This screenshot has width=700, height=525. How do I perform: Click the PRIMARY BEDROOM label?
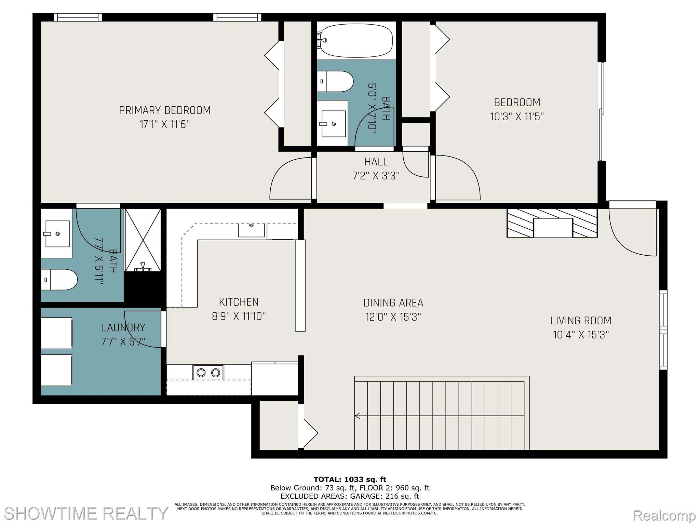pyautogui.click(x=164, y=110)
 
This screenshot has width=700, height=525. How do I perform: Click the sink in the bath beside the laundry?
pyautogui.click(x=57, y=234)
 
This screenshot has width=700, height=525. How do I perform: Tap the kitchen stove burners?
pyautogui.click(x=208, y=373)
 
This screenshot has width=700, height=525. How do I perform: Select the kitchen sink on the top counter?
pyautogui.click(x=251, y=230)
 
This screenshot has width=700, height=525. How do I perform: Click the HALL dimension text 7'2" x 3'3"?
pyautogui.click(x=376, y=176)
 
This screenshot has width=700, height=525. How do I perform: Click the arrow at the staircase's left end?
pyautogui.click(x=358, y=416)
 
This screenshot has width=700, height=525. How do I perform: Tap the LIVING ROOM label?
pyautogui.click(x=581, y=321)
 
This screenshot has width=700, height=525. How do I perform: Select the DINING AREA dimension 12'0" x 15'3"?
pyautogui.click(x=393, y=317)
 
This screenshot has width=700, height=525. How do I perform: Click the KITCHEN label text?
pyautogui.click(x=239, y=302)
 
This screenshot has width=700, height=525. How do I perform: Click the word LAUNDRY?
pyautogui.click(x=123, y=328)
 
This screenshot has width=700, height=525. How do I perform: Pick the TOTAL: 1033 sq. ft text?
pyautogui.click(x=350, y=480)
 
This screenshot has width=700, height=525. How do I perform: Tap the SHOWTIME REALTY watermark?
pyautogui.click(x=85, y=513)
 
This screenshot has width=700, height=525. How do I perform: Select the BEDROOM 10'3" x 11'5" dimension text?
pyautogui.click(x=517, y=117)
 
